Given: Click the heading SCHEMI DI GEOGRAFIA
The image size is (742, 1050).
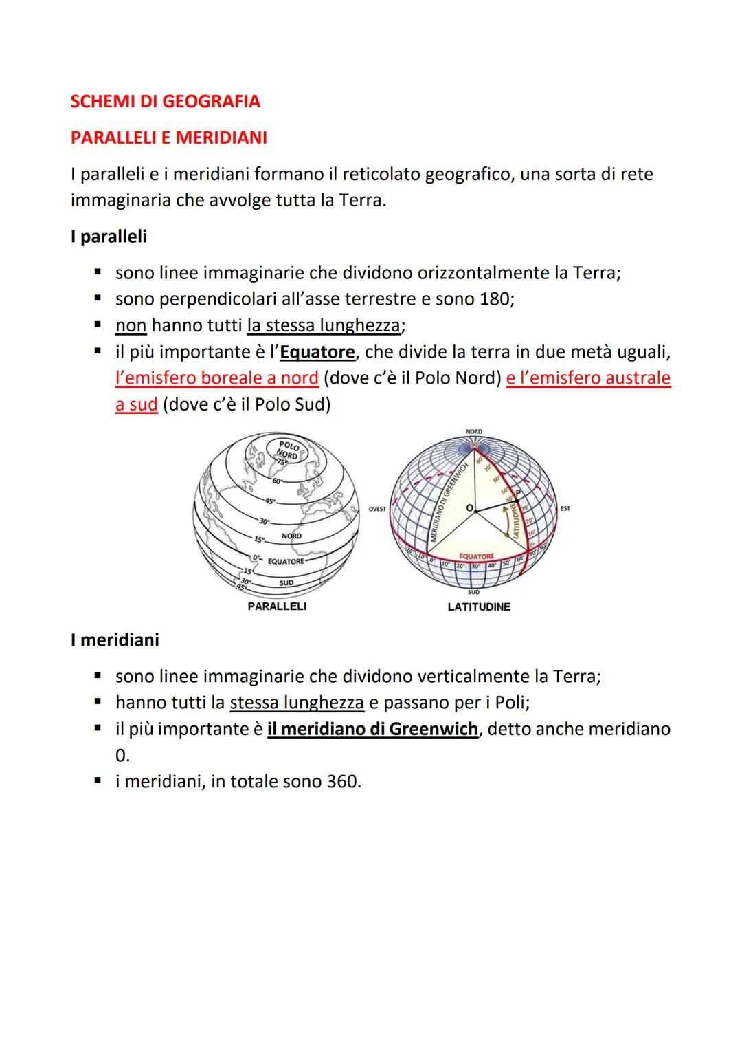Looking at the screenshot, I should (x=165, y=102).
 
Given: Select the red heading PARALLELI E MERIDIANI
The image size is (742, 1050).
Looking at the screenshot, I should (x=168, y=138).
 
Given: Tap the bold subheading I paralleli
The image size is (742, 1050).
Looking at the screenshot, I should (x=109, y=237).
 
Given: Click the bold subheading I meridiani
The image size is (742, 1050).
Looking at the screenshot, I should (x=115, y=640).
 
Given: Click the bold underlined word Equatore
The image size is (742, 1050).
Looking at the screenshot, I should (x=317, y=352).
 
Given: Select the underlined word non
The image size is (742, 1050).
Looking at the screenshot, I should (x=131, y=325).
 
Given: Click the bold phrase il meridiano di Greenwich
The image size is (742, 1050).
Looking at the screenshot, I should (x=372, y=729).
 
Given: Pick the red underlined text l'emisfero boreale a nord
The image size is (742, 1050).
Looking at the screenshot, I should (x=217, y=378).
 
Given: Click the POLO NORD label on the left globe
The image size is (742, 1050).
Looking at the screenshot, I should (x=288, y=449).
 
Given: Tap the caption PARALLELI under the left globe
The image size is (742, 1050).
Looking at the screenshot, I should (x=276, y=606).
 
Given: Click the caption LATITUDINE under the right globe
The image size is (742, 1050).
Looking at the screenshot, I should (x=479, y=607).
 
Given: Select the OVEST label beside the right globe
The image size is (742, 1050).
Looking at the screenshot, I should (x=377, y=509).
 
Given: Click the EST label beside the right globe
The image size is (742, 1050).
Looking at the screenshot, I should (x=565, y=509).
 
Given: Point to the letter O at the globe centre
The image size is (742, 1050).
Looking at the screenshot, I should (x=469, y=507).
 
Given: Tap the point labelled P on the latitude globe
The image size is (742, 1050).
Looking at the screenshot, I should (x=517, y=492).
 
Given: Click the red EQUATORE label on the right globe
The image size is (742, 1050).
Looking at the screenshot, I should (x=476, y=556).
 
